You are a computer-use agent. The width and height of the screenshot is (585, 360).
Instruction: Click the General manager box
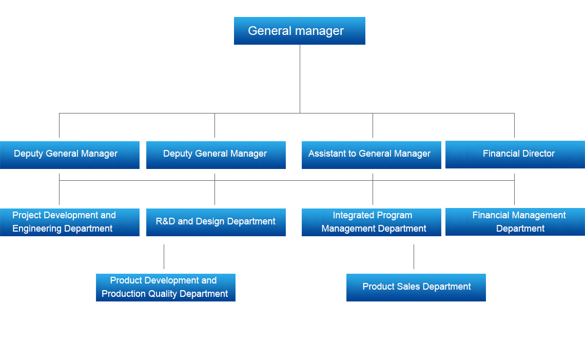click(x=299, y=31)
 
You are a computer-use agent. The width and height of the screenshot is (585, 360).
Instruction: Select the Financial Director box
click(x=515, y=154)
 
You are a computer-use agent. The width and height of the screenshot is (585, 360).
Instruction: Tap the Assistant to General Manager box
click(x=371, y=155)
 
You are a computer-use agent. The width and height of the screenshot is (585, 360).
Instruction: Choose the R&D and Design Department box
click(x=216, y=222)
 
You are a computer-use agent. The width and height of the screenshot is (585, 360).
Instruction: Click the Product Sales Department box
click(x=416, y=287)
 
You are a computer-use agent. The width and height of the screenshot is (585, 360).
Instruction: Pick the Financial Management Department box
click(x=515, y=222)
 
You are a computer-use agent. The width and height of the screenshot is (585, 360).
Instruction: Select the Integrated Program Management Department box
click(x=371, y=222)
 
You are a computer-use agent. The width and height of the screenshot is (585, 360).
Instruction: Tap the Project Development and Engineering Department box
click(x=69, y=222)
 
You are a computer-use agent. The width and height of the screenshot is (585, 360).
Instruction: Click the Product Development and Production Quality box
click(x=165, y=287)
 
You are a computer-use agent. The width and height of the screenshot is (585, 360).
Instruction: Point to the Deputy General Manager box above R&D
click(x=216, y=155)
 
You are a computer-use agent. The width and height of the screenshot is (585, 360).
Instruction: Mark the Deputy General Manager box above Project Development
click(x=69, y=155)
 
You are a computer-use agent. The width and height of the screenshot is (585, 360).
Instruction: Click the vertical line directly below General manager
click(x=300, y=77)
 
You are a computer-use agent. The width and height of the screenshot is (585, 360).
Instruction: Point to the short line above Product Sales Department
click(x=414, y=257)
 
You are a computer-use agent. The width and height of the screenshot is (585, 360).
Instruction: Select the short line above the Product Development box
click(x=164, y=257)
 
